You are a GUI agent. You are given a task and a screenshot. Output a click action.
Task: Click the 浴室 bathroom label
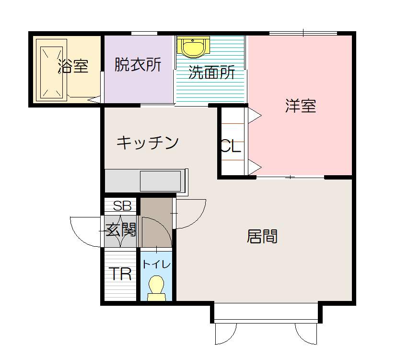point(73,66)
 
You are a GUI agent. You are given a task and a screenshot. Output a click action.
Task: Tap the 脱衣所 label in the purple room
point(138,64)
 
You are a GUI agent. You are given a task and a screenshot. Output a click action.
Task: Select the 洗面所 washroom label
point(211,72)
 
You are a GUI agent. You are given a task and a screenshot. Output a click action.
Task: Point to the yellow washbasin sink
point(193,47)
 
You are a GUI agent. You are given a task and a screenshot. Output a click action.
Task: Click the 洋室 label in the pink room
point(301,106)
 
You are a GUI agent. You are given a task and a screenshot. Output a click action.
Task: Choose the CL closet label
point(231,146)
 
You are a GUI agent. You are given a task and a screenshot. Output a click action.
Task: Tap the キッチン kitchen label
point(148,143)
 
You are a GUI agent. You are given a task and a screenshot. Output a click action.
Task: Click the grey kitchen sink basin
point(161,181)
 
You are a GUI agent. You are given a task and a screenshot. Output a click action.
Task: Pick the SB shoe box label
point(122,206)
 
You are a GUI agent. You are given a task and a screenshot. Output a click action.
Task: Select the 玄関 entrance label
point(121,229)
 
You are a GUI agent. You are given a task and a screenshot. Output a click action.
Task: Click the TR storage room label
point(121,274)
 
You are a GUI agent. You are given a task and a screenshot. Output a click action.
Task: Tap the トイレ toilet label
point(157,264)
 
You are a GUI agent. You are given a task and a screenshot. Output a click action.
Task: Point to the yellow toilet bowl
point(156,288)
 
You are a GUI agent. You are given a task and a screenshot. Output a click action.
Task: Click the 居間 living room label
point(262,236)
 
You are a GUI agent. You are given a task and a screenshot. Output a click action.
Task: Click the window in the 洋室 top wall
point(303,33)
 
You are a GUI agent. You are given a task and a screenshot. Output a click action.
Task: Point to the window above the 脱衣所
point(144,33)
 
